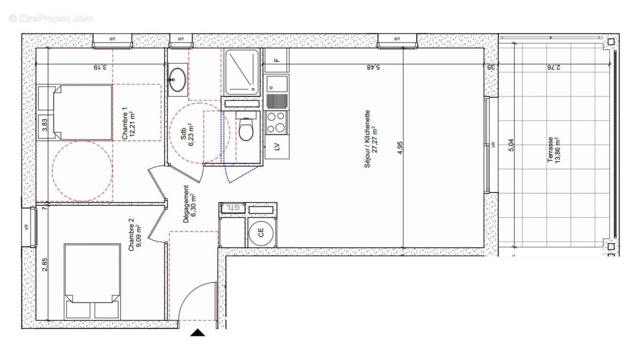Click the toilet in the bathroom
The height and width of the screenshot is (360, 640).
point(246,129)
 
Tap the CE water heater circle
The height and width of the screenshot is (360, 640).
point(261,232)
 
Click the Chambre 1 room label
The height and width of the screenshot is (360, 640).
point(127,124)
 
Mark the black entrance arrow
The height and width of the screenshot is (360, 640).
point(198,333)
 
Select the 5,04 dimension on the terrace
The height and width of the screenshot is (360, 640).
point(511,145)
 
